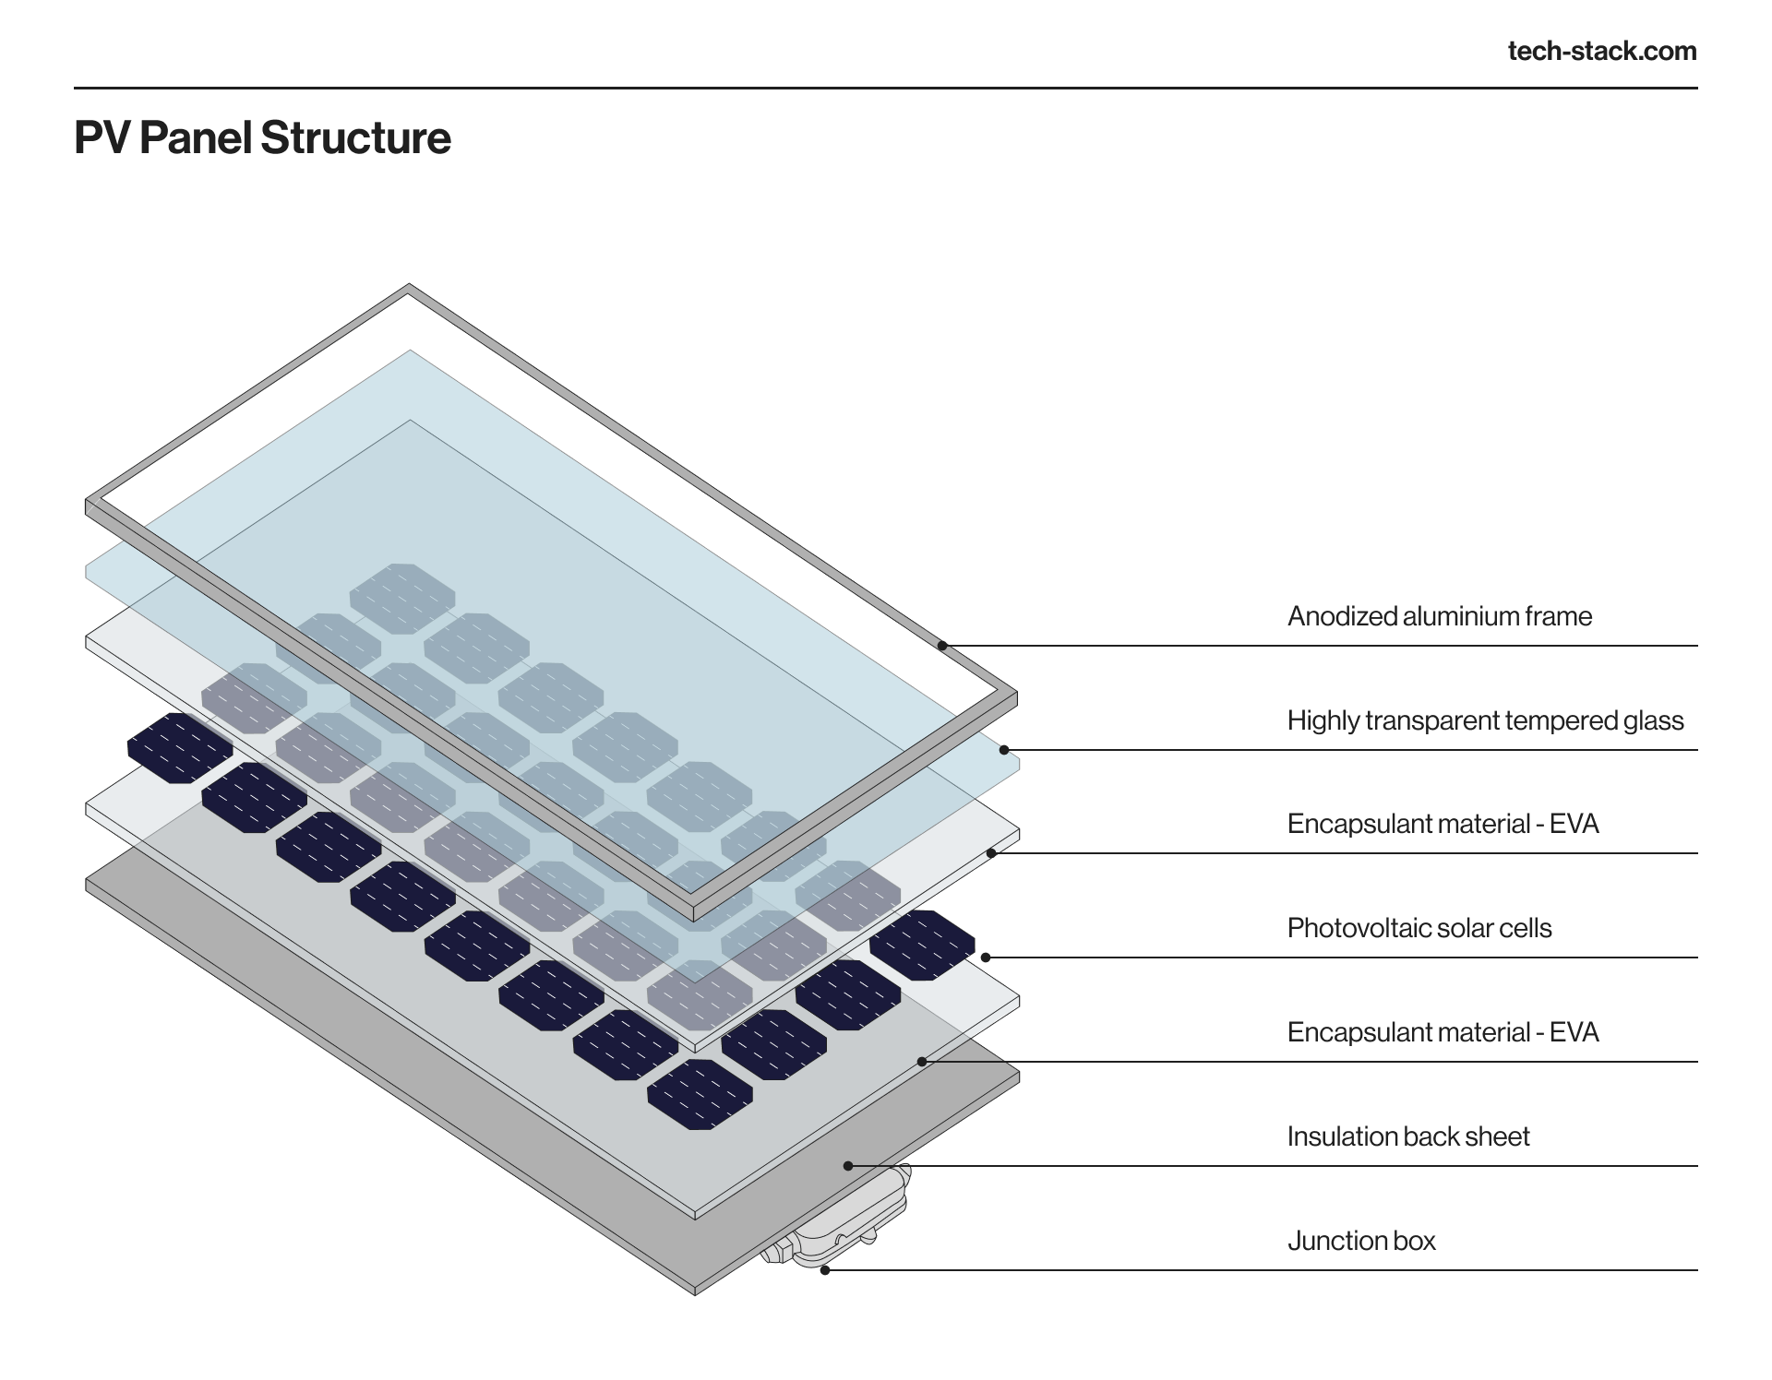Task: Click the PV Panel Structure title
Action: (x=262, y=138)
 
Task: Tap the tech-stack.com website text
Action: (x=1601, y=51)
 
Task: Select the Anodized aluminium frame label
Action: (x=1439, y=616)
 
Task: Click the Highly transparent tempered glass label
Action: (x=1484, y=720)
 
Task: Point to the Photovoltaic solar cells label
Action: (x=1419, y=928)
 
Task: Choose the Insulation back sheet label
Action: (x=1407, y=1136)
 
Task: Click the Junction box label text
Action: (x=1360, y=1241)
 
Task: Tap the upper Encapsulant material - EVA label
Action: (x=1442, y=824)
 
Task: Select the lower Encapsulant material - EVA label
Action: (x=1442, y=1032)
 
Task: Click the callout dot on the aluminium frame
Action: (x=942, y=646)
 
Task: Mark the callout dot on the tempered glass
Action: (x=1004, y=750)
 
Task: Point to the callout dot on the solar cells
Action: (x=986, y=958)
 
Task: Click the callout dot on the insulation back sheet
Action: (x=848, y=1166)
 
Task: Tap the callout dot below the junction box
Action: (x=825, y=1270)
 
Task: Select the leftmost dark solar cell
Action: (x=179, y=748)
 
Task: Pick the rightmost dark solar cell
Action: (x=922, y=945)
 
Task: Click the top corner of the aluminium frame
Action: (x=409, y=289)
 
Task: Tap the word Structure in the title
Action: (x=355, y=138)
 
